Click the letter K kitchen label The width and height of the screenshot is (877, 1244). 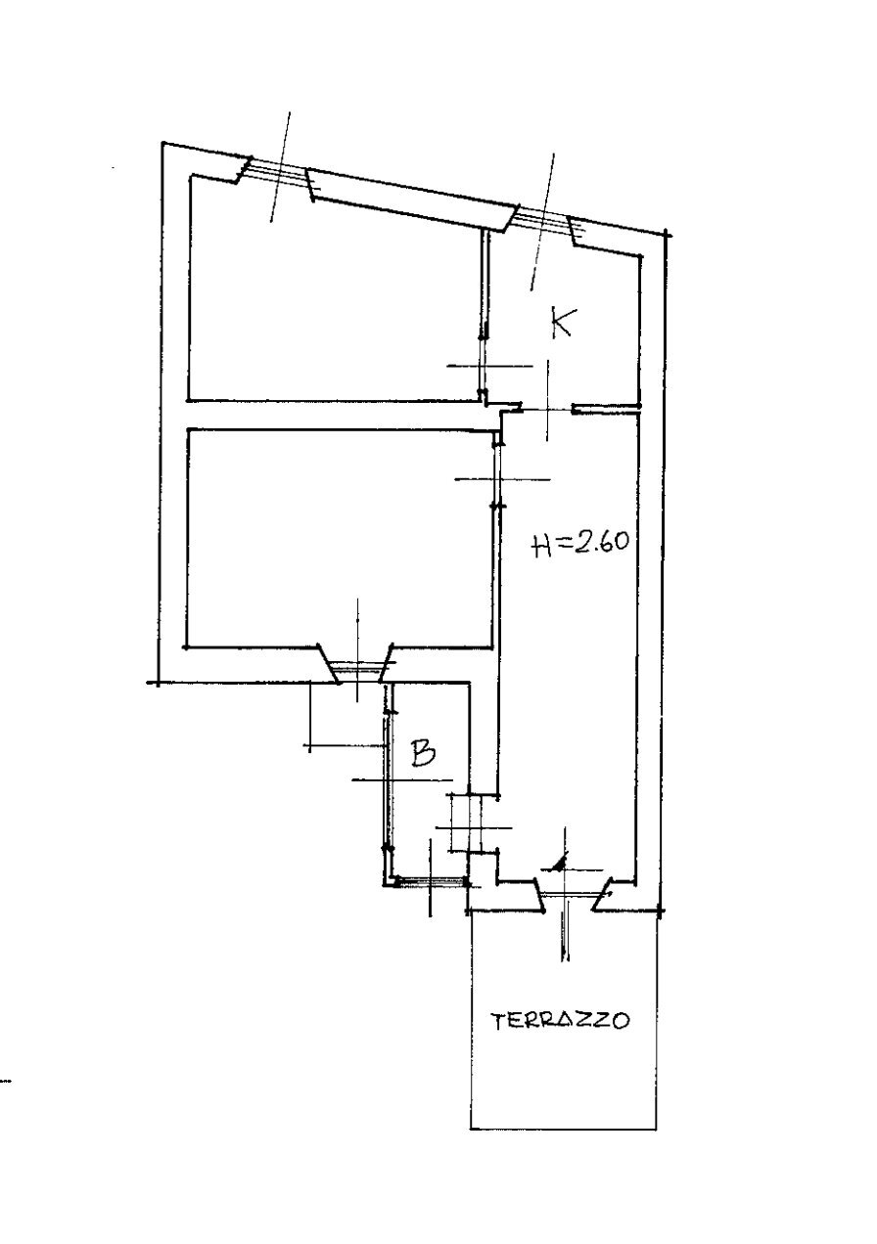pos(562,322)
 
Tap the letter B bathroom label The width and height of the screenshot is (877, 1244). pos(423,754)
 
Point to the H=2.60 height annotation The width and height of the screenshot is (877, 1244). pos(580,543)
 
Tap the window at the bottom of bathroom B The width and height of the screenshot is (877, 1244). pos(428,881)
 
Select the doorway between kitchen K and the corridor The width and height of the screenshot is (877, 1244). pos(547,409)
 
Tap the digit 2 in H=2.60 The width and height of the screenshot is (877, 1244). pos(580,542)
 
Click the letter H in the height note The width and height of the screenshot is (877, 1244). pos(540,547)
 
